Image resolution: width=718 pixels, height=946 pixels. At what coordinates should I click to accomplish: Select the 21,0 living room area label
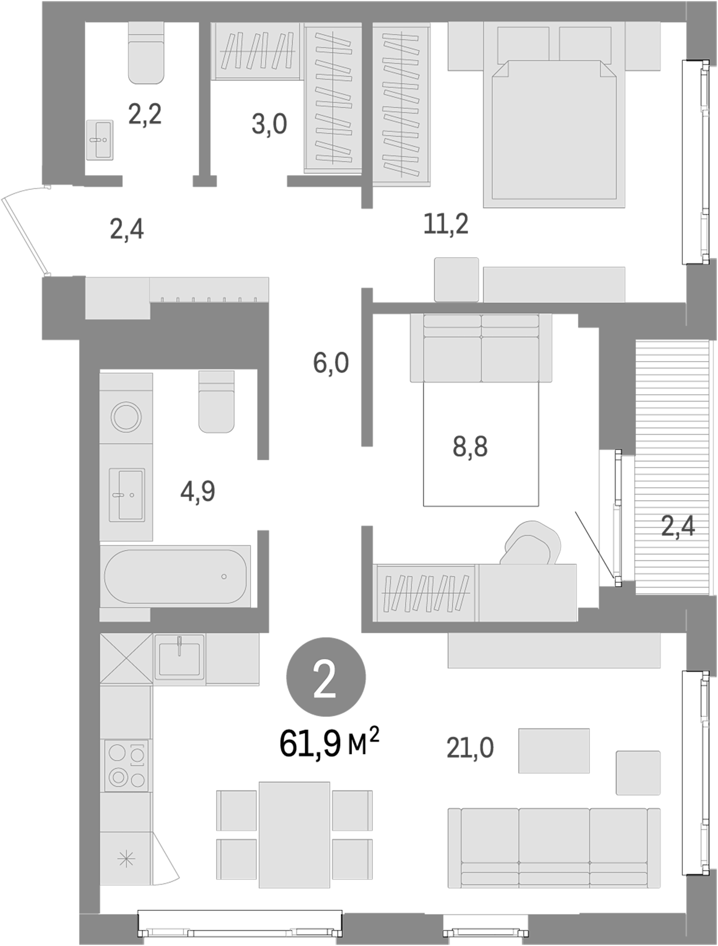point(470,748)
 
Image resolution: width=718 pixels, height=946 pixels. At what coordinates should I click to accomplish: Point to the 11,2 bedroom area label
point(446,224)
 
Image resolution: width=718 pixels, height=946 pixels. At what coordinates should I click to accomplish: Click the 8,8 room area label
point(470,447)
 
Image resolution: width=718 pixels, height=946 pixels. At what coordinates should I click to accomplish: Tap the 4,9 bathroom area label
point(198,492)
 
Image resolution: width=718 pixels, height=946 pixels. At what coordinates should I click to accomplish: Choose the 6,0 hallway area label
point(331,363)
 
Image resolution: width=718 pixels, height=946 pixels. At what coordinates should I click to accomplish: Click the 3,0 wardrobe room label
point(269,125)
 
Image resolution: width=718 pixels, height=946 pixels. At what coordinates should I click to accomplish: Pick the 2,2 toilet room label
point(145,114)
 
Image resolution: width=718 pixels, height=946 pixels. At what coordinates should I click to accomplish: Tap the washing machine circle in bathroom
point(126,417)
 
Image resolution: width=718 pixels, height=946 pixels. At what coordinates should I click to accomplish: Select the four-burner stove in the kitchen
point(126,765)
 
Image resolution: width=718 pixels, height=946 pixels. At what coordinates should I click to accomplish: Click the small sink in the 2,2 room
point(99,140)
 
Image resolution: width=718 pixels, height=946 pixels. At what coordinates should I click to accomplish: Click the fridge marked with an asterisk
point(126,860)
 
